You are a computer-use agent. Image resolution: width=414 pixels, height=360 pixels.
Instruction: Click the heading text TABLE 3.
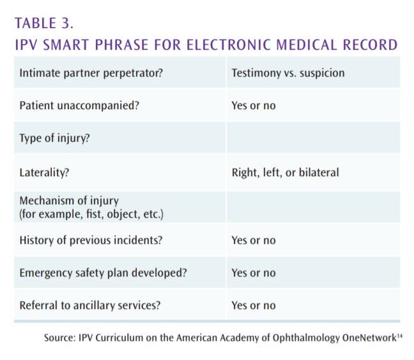click(x=43, y=24)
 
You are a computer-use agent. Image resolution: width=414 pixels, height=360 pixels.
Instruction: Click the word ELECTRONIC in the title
click(x=233, y=45)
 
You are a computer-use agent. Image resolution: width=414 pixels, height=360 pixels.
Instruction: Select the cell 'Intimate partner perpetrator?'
click(x=91, y=73)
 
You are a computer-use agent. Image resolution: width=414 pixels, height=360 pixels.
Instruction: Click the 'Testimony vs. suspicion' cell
click(x=287, y=73)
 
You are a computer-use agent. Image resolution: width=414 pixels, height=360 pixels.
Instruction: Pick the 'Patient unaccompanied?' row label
click(x=79, y=105)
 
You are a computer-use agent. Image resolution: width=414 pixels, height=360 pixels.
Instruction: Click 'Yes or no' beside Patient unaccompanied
click(x=254, y=105)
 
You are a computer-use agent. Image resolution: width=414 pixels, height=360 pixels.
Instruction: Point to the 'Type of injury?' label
click(x=54, y=139)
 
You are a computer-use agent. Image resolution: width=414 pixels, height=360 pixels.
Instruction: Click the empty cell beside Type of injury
click(x=312, y=139)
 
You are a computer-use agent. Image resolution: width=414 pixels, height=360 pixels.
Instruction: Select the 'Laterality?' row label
click(x=45, y=172)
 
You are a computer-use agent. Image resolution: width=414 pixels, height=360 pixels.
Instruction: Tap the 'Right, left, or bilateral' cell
click(x=285, y=172)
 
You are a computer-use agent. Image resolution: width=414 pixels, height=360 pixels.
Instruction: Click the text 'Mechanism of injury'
click(x=69, y=201)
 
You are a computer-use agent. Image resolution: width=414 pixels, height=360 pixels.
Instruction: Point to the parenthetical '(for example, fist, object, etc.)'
click(x=91, y=213)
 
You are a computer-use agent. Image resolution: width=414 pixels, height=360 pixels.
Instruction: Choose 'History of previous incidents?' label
click(x=91, y=240)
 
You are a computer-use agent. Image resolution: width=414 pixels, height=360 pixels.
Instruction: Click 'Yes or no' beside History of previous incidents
click(x=254, y=240)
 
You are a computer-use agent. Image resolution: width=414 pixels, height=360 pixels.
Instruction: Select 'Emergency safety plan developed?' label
click(x=103, y=273)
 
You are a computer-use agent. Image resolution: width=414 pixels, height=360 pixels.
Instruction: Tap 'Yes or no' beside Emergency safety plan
click(x=254, y=273)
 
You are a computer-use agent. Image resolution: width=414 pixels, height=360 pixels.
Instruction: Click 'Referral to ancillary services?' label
click(x=90, y=305)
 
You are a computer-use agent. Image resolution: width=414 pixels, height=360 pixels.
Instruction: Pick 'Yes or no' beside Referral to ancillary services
click(x=254, y=305)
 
